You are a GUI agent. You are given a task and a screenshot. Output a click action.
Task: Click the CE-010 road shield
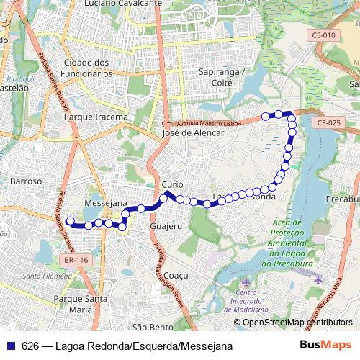point(325,35)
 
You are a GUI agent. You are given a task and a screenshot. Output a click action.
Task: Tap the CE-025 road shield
point(328,123)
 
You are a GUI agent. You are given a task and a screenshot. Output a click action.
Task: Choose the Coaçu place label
point(176,276)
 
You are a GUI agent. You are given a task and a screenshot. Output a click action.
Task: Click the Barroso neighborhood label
point(26,181)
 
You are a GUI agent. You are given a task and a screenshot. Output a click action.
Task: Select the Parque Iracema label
point(96,117)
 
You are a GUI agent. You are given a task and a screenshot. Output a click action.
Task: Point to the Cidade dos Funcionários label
point(87,68)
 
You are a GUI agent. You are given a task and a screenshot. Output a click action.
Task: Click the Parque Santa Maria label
point(81,304)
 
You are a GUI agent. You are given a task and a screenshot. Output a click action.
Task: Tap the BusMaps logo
point(326,346)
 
